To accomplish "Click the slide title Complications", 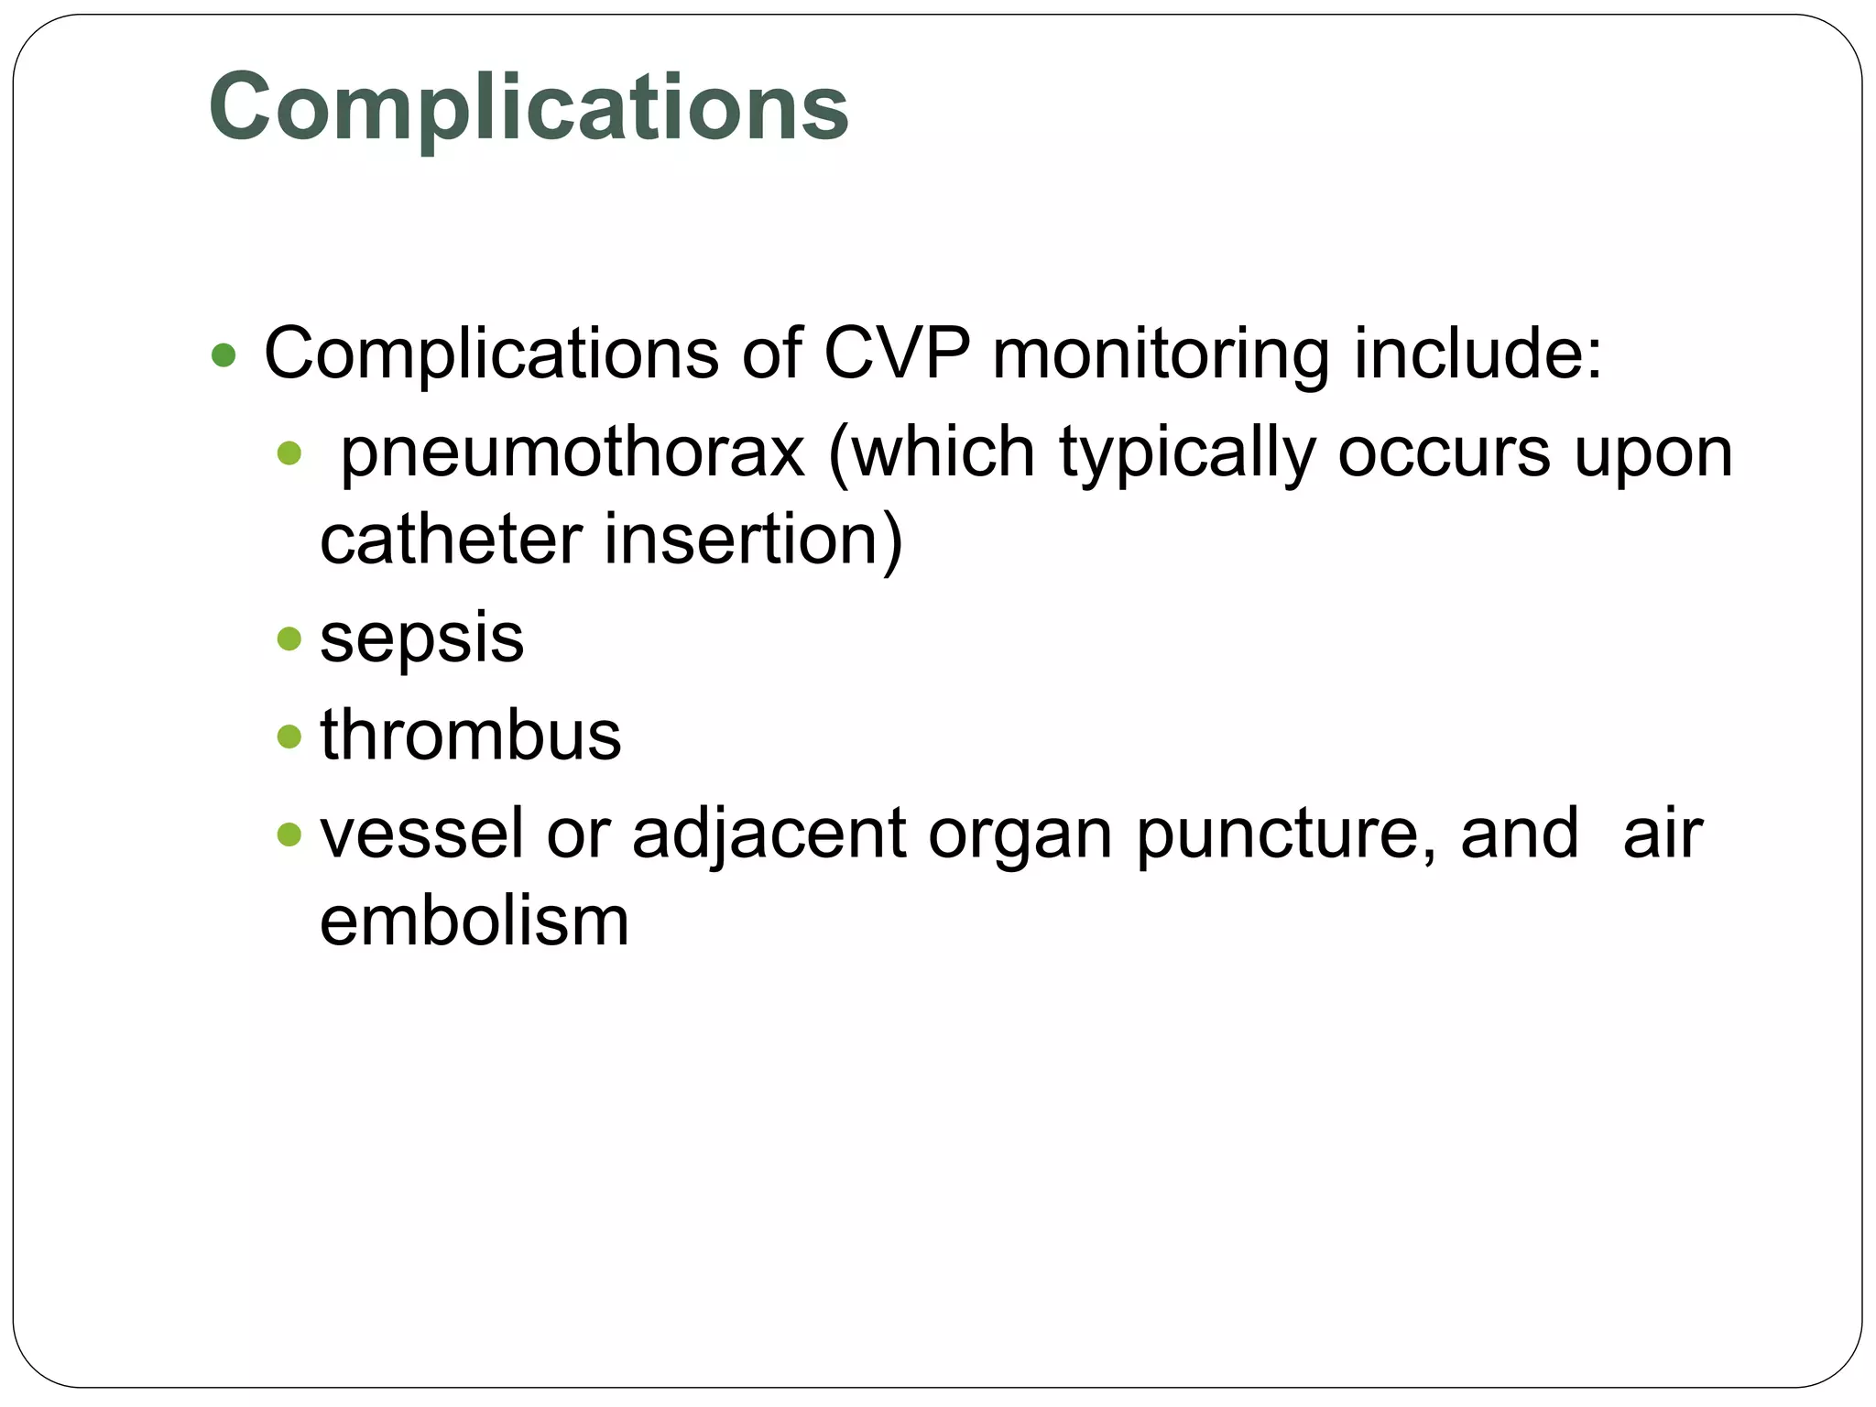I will (x=529, y=107).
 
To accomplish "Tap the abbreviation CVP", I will (x=896, y=354).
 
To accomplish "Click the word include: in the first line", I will (x=1478, y=354).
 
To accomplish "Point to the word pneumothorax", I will (x=573, y=453).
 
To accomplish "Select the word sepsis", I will (x=421, y=638).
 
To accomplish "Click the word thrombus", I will (x=470, y=735).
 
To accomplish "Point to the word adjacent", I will (x=769, y=834).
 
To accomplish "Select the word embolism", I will (x=474, y=921).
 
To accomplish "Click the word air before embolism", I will (x=1662, y=833).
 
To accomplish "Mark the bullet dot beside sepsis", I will (x=289, y=638).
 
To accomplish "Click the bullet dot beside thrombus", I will (x=289, y=736).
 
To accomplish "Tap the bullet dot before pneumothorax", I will (x=289, y=453).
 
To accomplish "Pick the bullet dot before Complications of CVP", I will (x=224, y=355).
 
